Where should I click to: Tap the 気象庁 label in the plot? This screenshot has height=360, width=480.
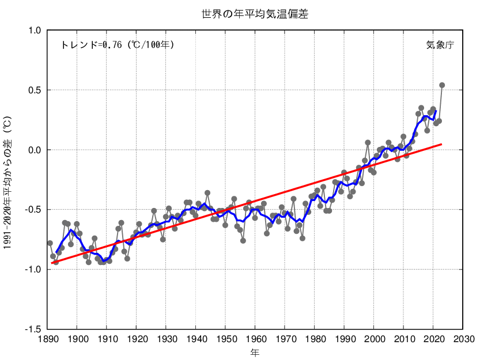(x=440, y=44)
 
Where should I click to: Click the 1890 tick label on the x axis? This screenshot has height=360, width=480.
(x=47, y=339)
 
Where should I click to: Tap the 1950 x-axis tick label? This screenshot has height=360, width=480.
(x=225, y=339)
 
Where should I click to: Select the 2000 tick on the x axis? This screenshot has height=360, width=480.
(x=374, y=339)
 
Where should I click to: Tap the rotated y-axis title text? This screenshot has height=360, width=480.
(x=7, y=180)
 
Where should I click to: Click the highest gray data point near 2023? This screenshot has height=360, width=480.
(x=442, y=85)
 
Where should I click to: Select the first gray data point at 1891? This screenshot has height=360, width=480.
(x=50, y=243)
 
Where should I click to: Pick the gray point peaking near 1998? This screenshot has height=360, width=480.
(x=368, y=142)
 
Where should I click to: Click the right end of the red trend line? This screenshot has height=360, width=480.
(x=442, y=144)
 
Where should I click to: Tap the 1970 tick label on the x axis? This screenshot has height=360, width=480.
(x=285, y=339)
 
